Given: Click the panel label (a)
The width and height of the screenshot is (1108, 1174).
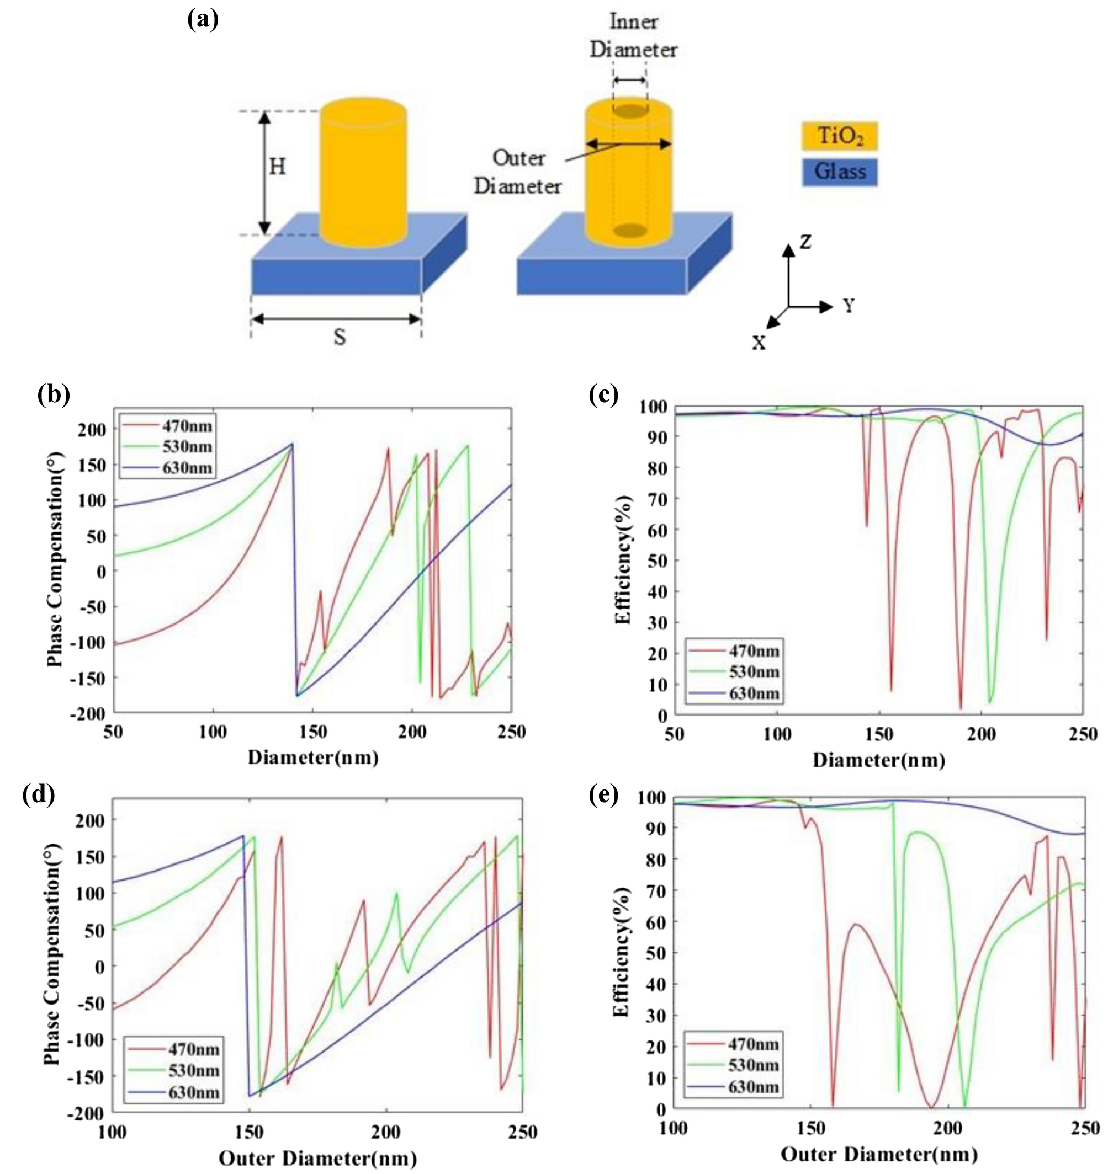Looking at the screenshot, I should point(202,20).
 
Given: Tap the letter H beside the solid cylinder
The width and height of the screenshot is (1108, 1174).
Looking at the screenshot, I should point(277,167).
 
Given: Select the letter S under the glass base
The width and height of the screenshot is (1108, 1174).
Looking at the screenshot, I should point(339,337).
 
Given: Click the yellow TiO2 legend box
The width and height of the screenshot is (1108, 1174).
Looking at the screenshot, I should point(839,136).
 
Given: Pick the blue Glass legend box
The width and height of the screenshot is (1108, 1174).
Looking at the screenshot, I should point(839,172).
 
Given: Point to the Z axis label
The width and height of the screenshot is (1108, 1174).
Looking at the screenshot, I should point(805,242).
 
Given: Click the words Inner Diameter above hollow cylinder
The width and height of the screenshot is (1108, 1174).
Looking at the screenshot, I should point(633,36).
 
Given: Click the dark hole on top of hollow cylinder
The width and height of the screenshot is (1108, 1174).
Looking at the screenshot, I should point(629,110).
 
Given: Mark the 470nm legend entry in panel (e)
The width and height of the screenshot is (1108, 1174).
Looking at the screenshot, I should point(753,1044).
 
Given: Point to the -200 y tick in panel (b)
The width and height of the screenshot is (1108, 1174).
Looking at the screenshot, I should point(88,714).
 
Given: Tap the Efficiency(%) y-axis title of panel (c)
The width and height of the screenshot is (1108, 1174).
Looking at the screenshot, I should point(623,560).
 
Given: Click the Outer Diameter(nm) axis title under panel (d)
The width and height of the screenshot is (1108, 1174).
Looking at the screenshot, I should point(317,1158).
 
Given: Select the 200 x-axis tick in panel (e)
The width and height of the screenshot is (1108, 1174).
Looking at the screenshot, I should point(947,1129).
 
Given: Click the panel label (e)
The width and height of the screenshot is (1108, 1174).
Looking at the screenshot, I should point(603,796).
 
